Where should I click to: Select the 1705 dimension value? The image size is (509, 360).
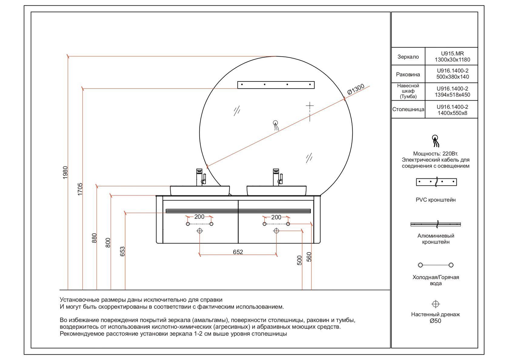coord(80,189)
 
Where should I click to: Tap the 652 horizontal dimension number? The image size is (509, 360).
coord(238,252)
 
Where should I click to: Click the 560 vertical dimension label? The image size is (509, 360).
coord(309,257)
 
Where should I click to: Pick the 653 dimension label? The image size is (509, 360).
coord(122,251)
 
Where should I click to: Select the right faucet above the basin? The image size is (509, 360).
coord(277,177)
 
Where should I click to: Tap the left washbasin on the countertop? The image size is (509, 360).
coord(200,191)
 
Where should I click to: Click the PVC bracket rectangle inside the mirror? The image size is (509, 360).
coord(276,85)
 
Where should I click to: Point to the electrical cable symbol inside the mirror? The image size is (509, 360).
coord(276,125)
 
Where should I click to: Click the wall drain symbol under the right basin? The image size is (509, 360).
coord(276,231)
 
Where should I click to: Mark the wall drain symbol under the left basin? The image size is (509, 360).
coord(200,231)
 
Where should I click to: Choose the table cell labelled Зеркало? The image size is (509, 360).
coord(408,57)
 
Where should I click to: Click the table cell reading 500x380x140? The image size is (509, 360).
coord(452,77)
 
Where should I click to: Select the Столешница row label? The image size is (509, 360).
coord(408,109)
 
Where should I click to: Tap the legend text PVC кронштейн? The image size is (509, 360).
coord(436,200)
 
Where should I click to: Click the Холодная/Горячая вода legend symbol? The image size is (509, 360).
coord(436,265)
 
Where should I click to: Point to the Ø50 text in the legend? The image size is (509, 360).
coord(436,321)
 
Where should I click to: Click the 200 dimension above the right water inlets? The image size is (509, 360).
coord(276,217)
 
